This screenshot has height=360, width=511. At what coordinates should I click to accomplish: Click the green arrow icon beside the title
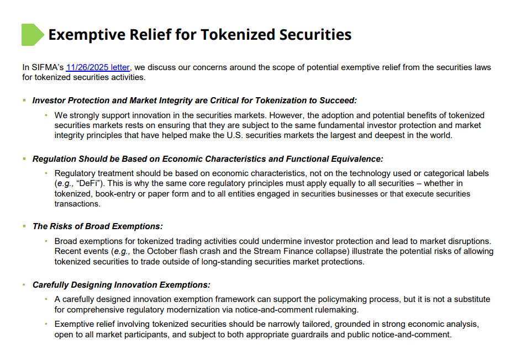coord(32,35)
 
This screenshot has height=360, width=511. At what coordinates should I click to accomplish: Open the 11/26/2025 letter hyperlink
coord(98,67)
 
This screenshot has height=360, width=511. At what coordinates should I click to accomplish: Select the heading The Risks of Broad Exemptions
coord(98,226)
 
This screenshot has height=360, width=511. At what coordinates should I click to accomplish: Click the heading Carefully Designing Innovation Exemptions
coord(122,285)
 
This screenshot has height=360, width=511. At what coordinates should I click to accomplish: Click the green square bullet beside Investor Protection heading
coord(24,100)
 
